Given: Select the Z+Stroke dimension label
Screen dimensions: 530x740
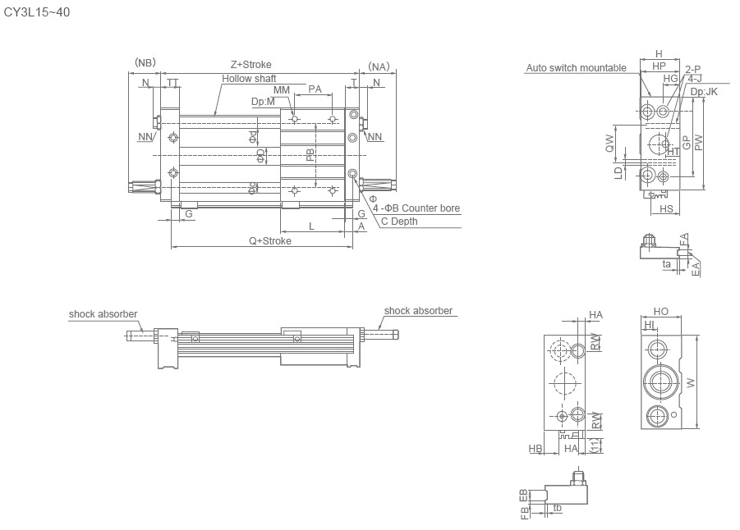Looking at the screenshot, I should point(250,64).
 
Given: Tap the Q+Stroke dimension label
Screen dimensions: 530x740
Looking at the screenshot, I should point(270,241).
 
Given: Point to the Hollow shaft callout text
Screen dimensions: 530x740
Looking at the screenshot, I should point(249,79).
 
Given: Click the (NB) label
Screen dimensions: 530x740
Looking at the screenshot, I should point(145,63).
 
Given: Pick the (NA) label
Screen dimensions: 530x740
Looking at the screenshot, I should point(379,66).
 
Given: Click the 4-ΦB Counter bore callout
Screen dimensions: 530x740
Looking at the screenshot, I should point(416,208).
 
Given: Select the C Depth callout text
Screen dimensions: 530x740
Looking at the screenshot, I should point(399,222).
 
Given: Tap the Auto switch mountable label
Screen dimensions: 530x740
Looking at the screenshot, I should point(576,68).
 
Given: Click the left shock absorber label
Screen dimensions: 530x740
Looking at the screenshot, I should point(103,314).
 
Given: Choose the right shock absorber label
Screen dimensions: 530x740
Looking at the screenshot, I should point(418,311).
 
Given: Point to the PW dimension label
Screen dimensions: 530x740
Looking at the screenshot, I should point(698,140).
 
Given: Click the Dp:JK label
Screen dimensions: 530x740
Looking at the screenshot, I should point(704,92).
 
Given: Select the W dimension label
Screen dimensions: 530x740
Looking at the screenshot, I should point(691,382).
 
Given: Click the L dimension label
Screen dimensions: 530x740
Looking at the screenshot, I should point(311,226).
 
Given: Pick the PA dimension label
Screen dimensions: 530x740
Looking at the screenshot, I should point(315,89).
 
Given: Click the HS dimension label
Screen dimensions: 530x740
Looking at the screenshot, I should point(666,209).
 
